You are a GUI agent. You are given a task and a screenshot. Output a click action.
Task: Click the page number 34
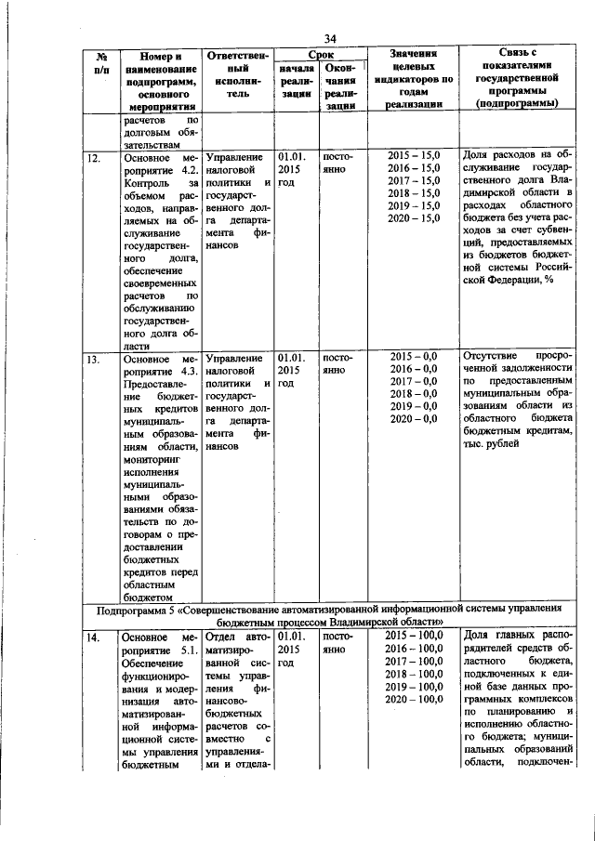330,37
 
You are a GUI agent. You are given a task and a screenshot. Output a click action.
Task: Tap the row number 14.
93,637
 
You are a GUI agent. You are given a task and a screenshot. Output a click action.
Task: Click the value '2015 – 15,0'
414,153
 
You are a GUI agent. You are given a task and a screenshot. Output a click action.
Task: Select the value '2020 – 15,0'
414,217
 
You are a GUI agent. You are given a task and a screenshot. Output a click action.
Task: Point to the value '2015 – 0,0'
414,356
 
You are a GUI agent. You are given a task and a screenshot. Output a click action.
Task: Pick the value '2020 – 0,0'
414,420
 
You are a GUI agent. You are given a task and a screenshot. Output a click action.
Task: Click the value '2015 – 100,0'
414,636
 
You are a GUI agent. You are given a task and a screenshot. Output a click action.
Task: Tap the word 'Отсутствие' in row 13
494,357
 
